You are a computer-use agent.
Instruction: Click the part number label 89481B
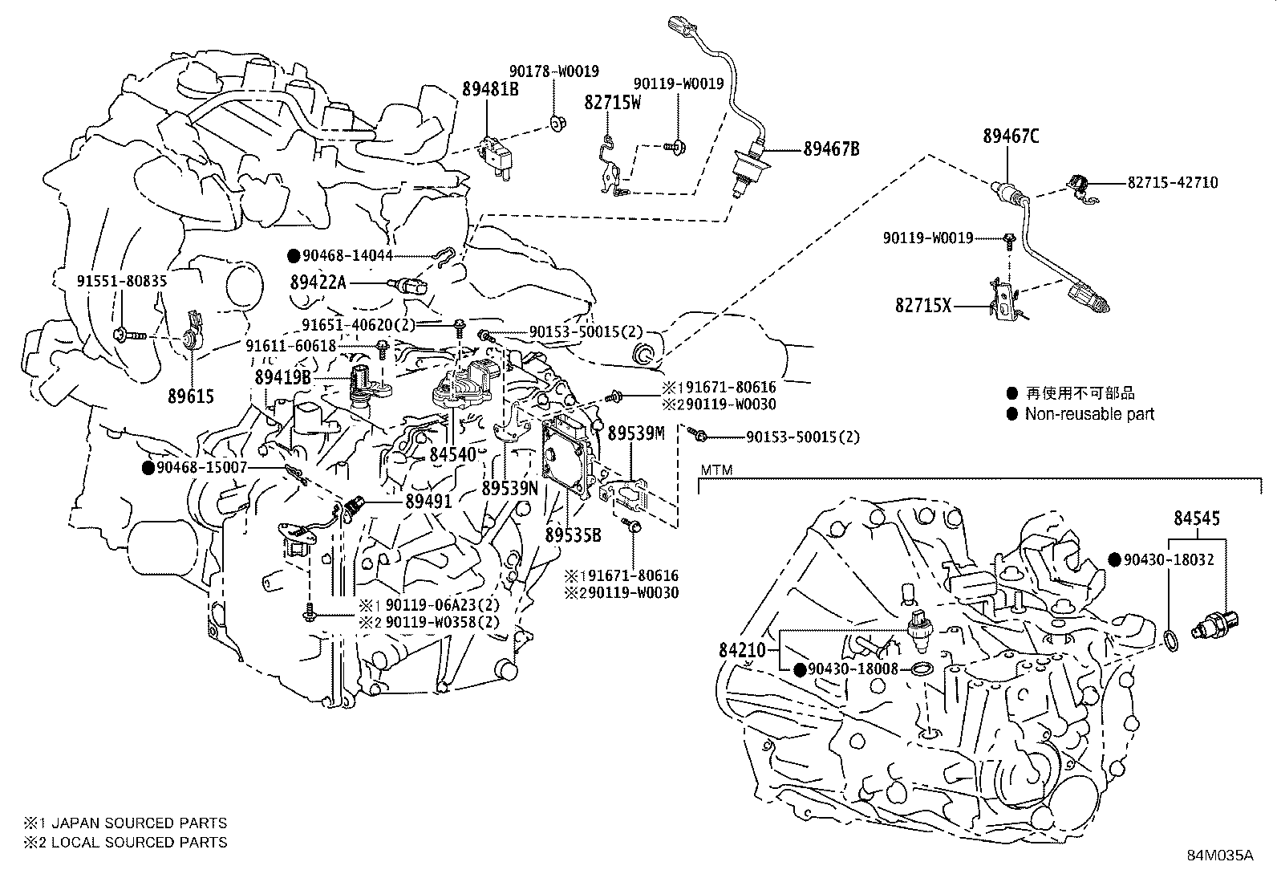pyautogui.click(x=489, y=89)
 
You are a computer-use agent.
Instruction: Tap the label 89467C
pyautogui.click(x=1011, y=136)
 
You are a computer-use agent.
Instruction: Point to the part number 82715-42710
pyautogui.click(x=1172, y=183)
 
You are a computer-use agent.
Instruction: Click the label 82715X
pyautogui.click(x=922, y=306)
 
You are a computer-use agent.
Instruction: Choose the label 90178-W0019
pyautogui.click(x=554, y=71)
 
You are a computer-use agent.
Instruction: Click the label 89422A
pyautogui.click(x=318, y=282)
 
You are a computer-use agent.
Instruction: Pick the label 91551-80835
pyautogui.click(x=122, y=282)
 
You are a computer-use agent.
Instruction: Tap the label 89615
pyautogui.click(x=191, y=396)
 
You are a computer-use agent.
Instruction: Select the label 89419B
pyautogui.click(x=282, y=376)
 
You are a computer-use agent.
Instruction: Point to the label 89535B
pyautogui.click(x=573, y=533)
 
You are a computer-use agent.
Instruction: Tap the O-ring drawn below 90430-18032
pyautogui.click(x=1171, y=640)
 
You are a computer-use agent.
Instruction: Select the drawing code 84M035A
pyautogui.click(x=1219, y=855)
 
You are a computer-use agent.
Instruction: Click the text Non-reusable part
pyautogui.click(x=1089, y=414)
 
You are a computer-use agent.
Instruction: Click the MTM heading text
pyautogui.click(x=716, y=469)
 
